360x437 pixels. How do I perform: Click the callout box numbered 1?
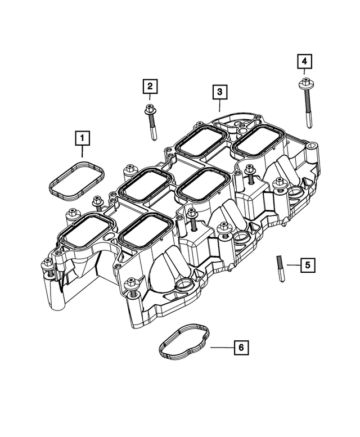coord(83,137)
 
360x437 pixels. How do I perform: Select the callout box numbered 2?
coord(150,87)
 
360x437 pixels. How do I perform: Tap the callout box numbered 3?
coord(219,91)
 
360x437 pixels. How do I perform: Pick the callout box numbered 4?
coord(304,61)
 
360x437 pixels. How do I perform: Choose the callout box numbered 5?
coord(307,264)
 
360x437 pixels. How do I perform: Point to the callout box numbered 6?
coord(240,348)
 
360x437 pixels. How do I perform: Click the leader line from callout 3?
coord(219,106)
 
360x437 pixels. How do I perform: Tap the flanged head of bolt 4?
coord(304,84)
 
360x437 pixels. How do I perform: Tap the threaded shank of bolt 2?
coord(152,129)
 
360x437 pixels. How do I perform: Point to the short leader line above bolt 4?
coord(304,73)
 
